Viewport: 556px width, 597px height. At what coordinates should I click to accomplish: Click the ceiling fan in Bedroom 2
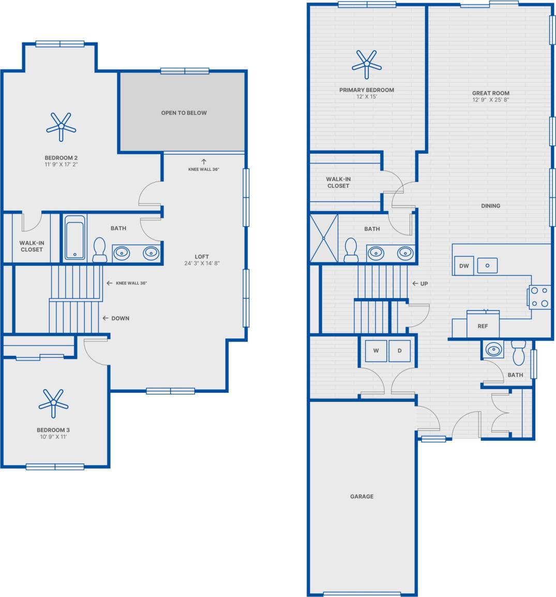[x=61, y=126]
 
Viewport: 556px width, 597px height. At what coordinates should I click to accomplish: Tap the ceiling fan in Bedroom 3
[x=53, y=402]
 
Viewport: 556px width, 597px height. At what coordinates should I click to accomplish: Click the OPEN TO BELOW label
[x=184, y=113]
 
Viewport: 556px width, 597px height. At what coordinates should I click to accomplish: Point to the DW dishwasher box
[x=463, y=265]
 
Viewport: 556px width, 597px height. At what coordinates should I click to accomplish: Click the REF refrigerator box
[x=483, y=326]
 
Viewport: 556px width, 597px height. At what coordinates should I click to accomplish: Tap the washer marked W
[x=376, y=351]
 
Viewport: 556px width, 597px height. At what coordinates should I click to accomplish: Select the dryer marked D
[x=399, y=351]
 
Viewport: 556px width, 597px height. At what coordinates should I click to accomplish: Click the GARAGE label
[x=362, y=496]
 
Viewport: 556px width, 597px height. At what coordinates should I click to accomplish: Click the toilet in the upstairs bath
[x=99, y=249]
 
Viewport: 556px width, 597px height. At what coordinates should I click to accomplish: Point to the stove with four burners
[x=540, y=297]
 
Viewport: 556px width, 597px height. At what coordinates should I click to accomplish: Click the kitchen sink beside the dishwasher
[x=487, y=265]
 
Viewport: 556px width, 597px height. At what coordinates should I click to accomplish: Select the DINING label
[x=490, y=205]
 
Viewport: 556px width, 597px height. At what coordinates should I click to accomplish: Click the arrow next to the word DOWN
[x=105, y=318]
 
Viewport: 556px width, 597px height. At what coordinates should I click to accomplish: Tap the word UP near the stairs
[x=424, y=283]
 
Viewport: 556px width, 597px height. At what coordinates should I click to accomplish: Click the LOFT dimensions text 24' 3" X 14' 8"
[x=202, y=263]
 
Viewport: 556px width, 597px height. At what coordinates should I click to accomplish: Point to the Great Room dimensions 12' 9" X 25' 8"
[x=490, y=100]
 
